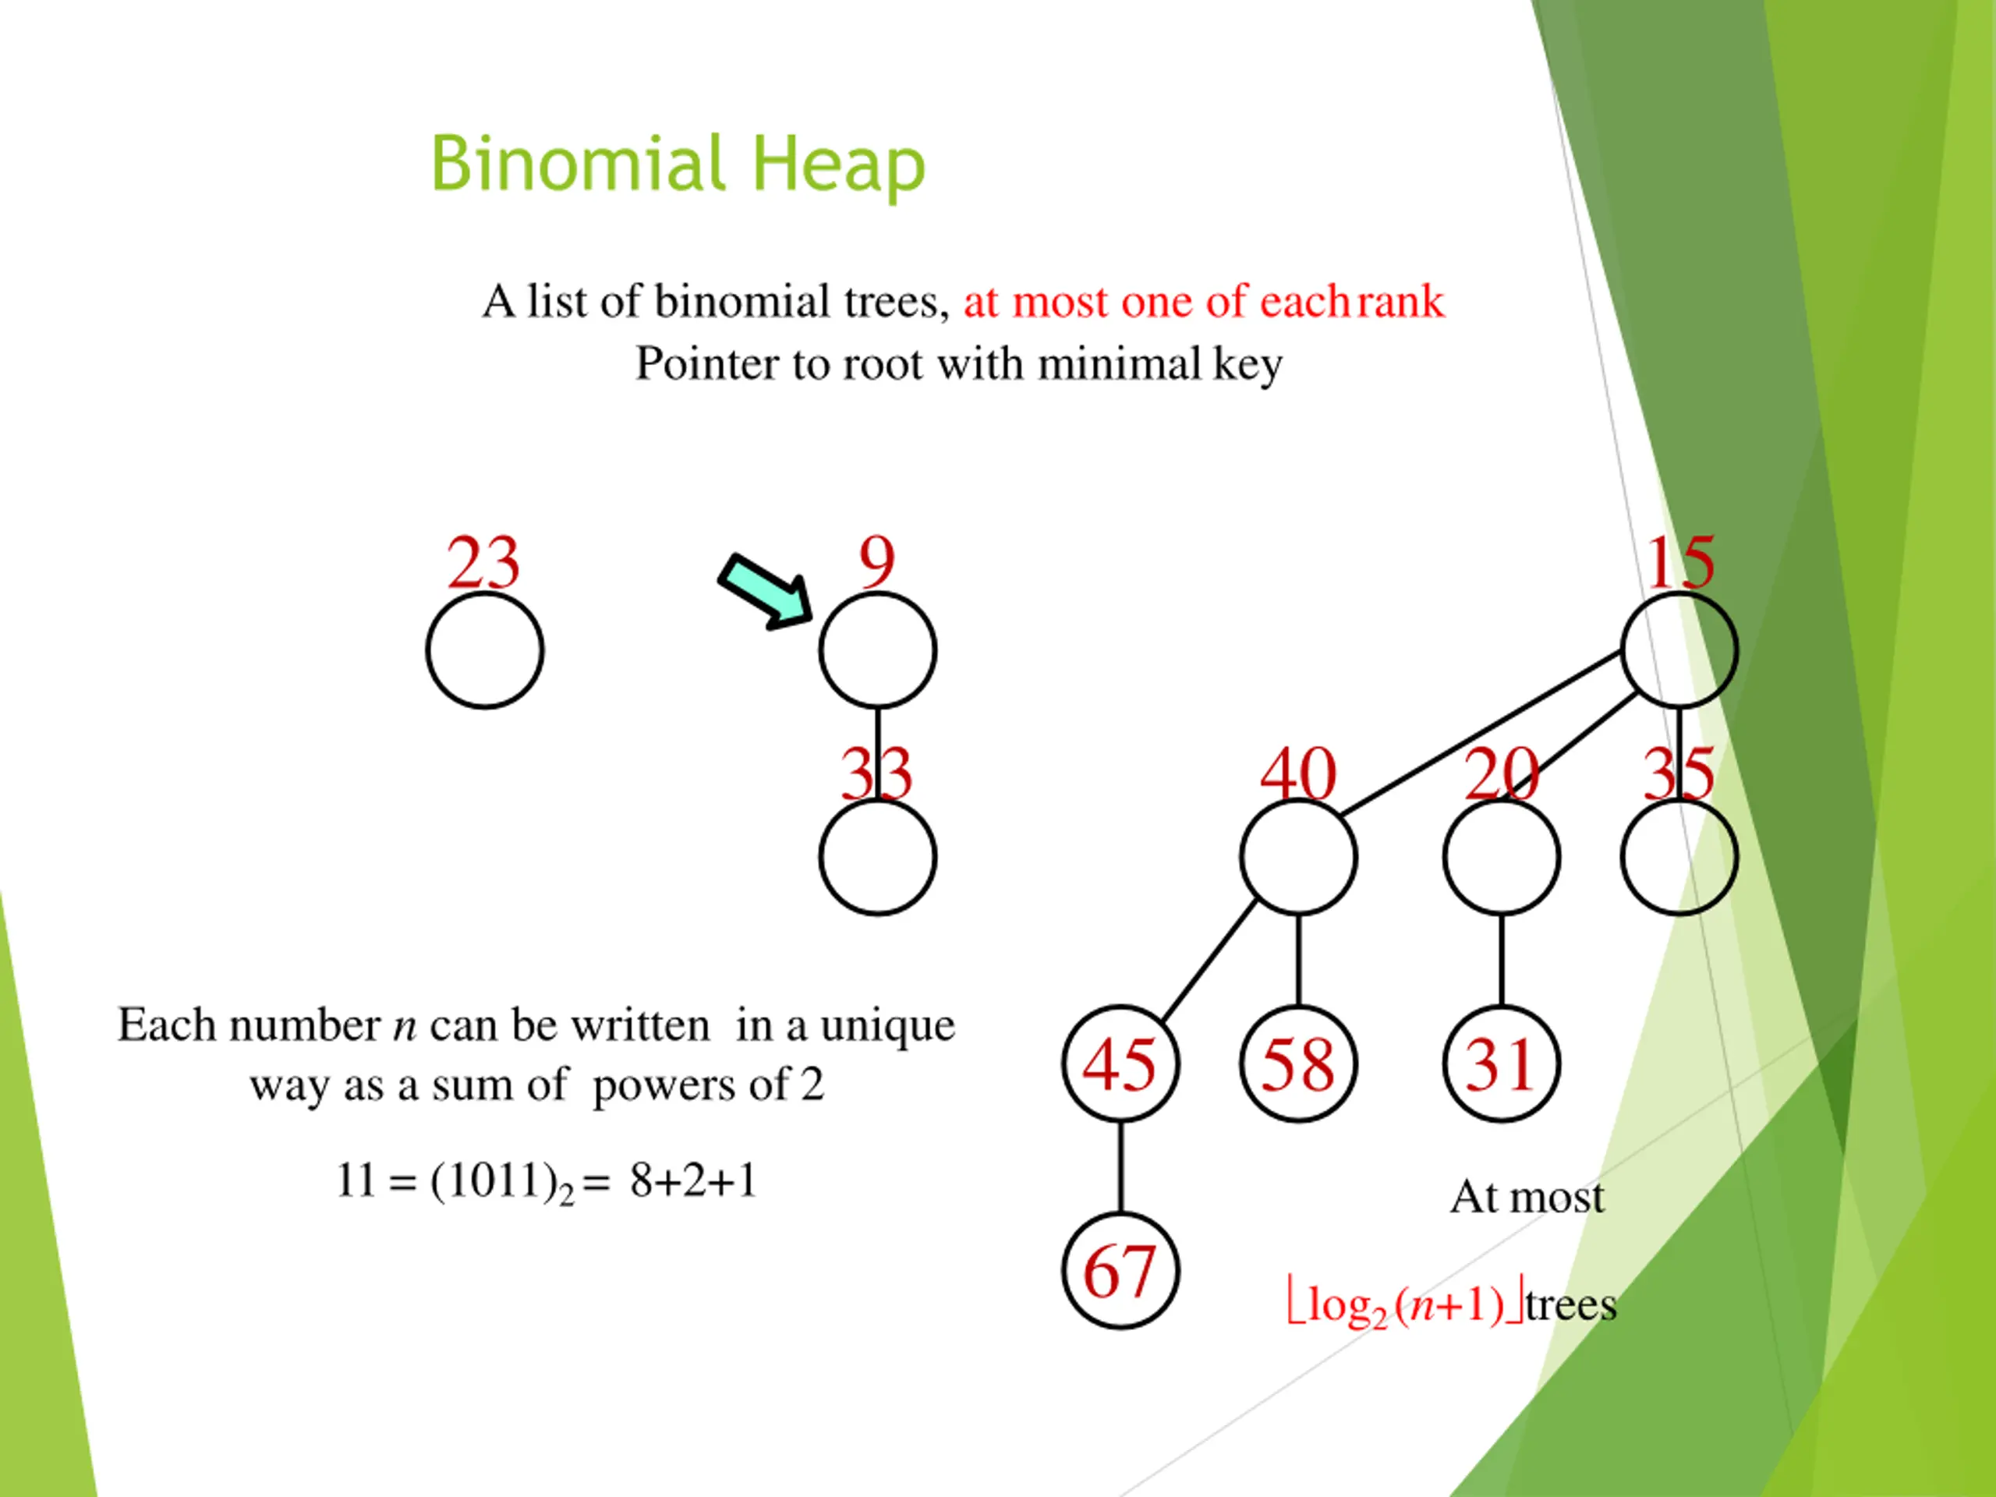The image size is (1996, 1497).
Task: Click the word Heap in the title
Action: point(838,165)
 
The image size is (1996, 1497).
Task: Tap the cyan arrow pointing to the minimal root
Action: point(765,591)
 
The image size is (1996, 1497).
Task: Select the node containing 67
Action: point(1120,1272)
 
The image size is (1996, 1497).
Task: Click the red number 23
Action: point(483,562)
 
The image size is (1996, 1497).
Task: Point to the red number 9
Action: point(877,562)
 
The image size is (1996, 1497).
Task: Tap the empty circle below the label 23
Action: point(484,650)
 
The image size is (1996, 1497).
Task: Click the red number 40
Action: point(1297,774)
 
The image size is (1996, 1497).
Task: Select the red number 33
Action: point(876,774)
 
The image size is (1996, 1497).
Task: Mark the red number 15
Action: point(1680,562)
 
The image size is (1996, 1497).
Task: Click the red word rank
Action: point(1400,302)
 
